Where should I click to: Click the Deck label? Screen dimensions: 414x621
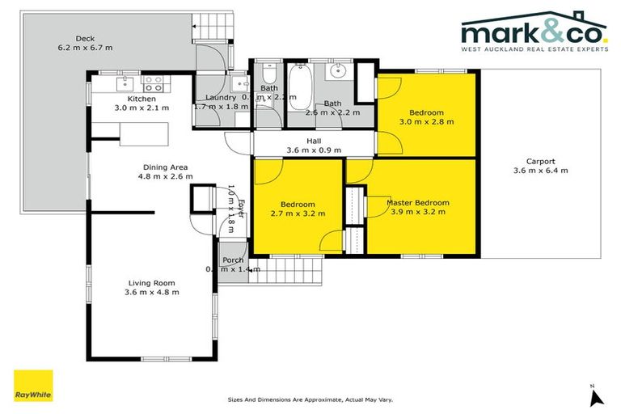tap(85, 38)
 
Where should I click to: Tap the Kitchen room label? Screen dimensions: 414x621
tap(129, 98)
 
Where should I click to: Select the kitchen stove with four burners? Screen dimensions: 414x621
tap(153, 81)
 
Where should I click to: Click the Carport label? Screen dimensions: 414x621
tap(540, 160)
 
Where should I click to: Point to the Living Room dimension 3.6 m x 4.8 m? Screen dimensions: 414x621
tap(153, 292)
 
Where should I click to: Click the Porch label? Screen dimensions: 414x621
tap(233, 260)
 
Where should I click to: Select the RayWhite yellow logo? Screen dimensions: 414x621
tap(33, 386)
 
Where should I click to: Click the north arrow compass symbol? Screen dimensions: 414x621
tap(596, 396)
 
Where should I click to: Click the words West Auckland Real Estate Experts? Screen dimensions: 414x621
tap(533, 49)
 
